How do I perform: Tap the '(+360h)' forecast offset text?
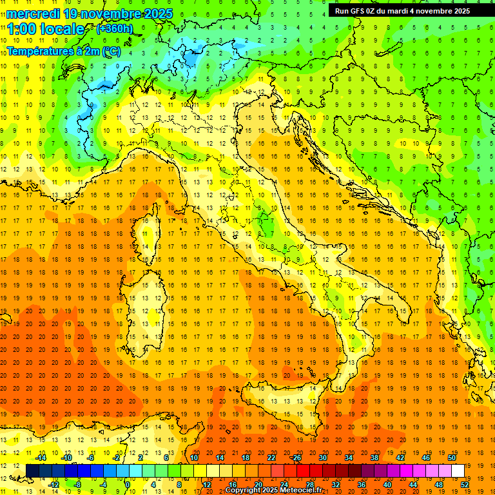(x=114, y=28)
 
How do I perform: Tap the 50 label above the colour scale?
(x=451, y=457)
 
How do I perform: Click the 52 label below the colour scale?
(x=464, y=484)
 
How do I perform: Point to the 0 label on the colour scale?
(x=127, y=484)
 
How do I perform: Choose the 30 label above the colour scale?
(x=323, y=457)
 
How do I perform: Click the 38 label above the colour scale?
(x=374, y=457)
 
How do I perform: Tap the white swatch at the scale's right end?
(x=458, y=471)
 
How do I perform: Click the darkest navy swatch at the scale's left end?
(x=32, y=471)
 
